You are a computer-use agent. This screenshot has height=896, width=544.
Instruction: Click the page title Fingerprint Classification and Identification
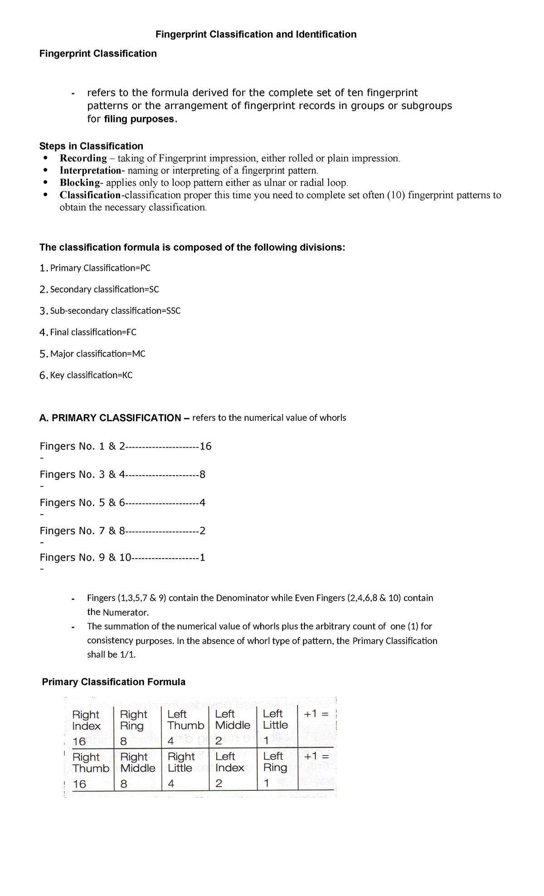[x=256, y=34]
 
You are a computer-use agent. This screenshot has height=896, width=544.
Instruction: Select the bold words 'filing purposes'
[x=139, y=119]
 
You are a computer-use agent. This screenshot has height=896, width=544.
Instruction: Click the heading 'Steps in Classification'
[x=91, y=146]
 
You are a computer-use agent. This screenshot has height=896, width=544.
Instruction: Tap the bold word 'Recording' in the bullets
[x=83, y=158]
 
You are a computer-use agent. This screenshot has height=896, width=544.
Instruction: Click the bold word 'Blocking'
[x=80, y=183]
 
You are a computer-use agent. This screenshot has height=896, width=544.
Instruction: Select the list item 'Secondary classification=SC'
[x=104, y=289]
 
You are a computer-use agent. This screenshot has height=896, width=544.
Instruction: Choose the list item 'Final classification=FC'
[x=93, y=332]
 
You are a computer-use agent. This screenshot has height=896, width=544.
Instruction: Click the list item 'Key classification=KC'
[x=91, y=375]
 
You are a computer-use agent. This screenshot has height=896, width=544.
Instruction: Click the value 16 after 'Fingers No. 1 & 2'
[x=205, y=447]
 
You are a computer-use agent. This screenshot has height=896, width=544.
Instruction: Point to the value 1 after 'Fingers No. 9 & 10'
[x=202, y=558]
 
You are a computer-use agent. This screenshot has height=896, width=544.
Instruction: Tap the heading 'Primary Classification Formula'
[x=114, y=682]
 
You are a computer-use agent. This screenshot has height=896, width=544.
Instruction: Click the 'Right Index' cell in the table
[x=86, y=720]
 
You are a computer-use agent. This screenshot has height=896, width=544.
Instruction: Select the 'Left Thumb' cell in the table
[x=185, y=720]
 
